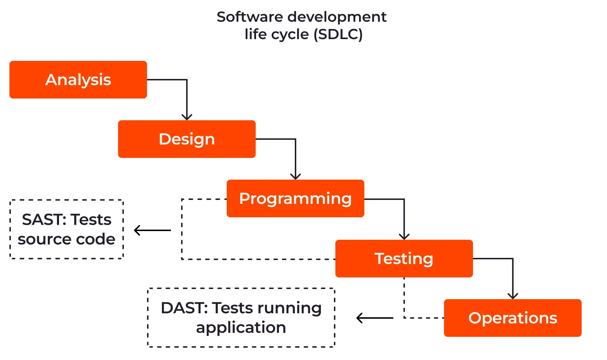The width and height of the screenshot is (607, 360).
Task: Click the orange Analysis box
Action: tap(78, 79)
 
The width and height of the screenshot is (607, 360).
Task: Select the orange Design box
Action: tap(187, 139)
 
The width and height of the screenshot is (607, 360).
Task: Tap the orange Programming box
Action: tap(296, 198)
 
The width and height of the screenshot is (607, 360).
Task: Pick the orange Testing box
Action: tap(404, 259)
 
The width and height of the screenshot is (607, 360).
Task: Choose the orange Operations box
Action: tap(513, 318)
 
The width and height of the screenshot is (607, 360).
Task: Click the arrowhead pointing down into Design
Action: tap(187, 117)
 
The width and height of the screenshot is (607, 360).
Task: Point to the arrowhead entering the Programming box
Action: tap(296, 176)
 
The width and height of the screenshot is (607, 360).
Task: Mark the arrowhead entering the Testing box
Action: tap(404, 236)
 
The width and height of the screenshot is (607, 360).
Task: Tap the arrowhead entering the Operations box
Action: tap(513, 296)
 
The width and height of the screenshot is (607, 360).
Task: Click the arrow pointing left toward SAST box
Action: tap(152, 230)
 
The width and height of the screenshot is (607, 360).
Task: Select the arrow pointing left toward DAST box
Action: tap(375, 318)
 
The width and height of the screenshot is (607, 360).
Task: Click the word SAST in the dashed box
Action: tap(44, 219)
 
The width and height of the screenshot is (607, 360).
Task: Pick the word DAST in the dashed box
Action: tap(184, 308)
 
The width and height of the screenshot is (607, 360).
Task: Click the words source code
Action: tap(66, 239)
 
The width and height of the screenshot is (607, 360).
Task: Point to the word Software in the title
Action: tap(250, 17)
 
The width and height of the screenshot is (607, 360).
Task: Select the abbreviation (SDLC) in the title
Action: tap(338, 34)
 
